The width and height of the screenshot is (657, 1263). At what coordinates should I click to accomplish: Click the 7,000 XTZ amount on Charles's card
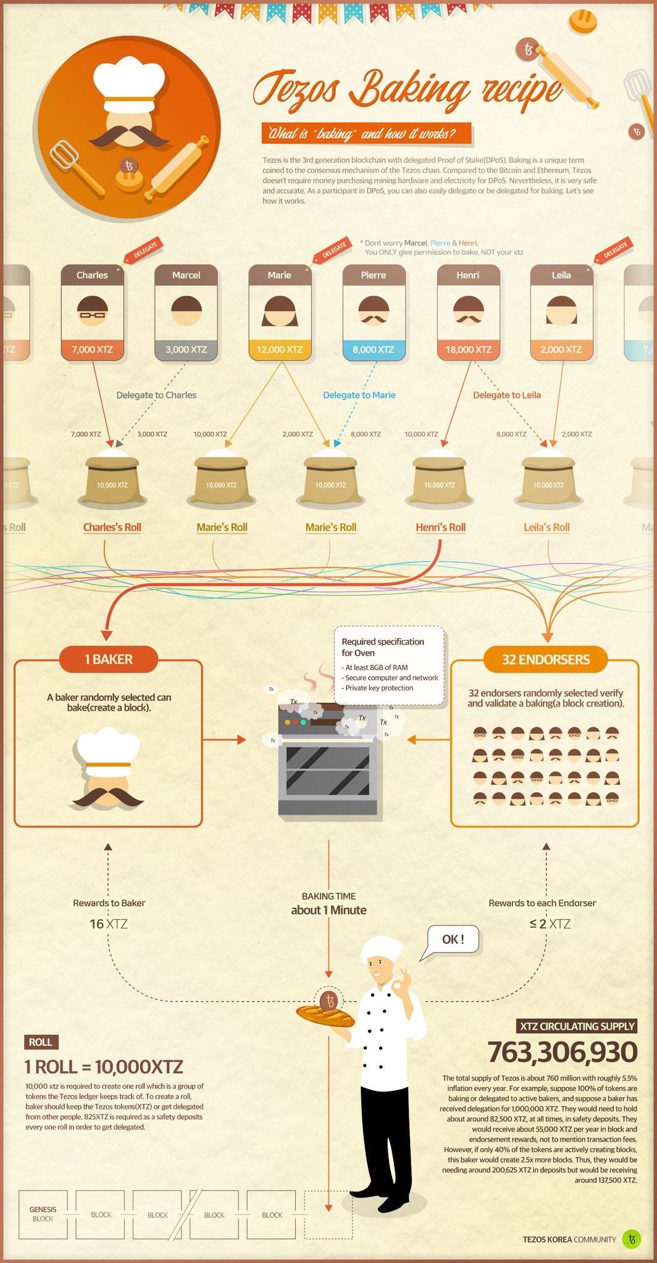click(x=92, y=349)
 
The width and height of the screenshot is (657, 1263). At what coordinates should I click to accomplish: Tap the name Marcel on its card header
click(x=186, y=275)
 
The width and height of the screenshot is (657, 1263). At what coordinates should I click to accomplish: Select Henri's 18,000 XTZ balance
click(x=468, y=349)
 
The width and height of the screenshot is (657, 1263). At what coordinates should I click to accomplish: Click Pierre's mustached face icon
click(x=374, y=310)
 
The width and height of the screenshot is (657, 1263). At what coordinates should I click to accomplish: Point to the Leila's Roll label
click(x=546, y=528)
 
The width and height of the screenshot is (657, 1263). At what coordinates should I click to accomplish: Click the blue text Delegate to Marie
click(x=359, y=395)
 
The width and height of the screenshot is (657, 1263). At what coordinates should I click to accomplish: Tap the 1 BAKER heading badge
click(x=109, y=660)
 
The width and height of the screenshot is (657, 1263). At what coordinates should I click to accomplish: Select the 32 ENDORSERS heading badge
click(x=546, y=660)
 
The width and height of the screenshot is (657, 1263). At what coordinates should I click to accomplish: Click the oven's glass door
click(x=328, y=771)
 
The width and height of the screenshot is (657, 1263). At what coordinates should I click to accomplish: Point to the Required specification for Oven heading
click(x=383, y=647)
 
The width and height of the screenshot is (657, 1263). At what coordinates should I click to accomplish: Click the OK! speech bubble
click(x=453, y=940)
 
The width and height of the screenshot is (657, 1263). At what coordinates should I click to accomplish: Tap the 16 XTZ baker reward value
click(x=109, y=924)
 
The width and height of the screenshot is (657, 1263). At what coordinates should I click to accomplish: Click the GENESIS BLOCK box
click(x=43, y=1214)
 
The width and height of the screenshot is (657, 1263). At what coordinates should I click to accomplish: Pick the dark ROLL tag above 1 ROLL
click(x=41, y=1042)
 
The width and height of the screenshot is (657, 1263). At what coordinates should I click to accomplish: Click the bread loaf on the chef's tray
click(x=325, y=1015)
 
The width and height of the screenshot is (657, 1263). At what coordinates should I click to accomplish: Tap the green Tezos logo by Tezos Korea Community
click(x=631, y=1239)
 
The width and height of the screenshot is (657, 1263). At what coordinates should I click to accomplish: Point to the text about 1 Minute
click(x=328, y=910)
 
